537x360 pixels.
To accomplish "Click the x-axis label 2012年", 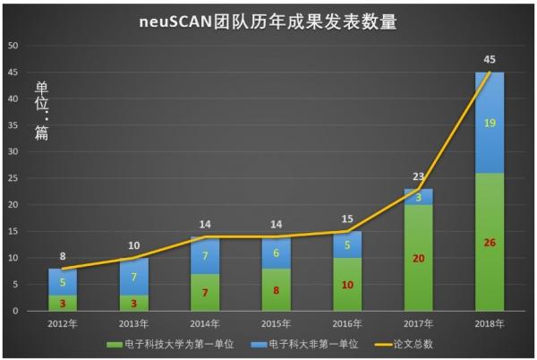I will coord(62,323).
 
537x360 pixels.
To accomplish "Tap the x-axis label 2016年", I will coord(346,323).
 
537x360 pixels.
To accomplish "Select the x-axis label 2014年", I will coord(204,323).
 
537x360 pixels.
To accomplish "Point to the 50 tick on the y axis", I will coord(12,46).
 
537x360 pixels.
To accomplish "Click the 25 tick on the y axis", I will coord(12,178).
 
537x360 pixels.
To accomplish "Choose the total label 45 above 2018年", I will coord(490,60).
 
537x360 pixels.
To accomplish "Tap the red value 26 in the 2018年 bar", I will coord(489,244).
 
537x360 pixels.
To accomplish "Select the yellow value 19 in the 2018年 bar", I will coord(490,124).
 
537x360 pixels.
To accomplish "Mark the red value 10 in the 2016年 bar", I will coord(346,285).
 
